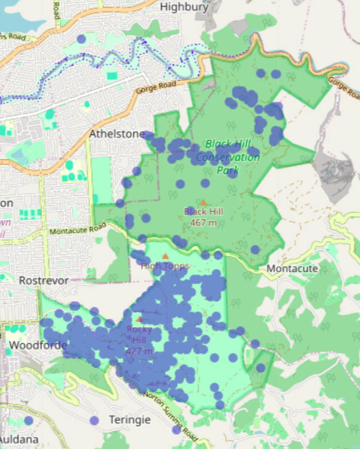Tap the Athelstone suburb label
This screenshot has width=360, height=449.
(x=117, y=134)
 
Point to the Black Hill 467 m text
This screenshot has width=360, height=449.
(x=203, y=217)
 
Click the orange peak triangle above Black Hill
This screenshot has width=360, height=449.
(x=203, y=201)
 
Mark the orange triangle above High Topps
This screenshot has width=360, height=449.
(x=165, y=256)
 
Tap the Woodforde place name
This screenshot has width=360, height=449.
(x=37, y=345)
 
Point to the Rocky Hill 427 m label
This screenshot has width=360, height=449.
(x=139, y=340)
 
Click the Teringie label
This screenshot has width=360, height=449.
(x=129, y=419)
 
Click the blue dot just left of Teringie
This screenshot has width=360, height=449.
(x=94, y=420)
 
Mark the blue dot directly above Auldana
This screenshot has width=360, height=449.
(x=28, y=421)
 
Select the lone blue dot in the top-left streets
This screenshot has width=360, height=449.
(x=81, y=39)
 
